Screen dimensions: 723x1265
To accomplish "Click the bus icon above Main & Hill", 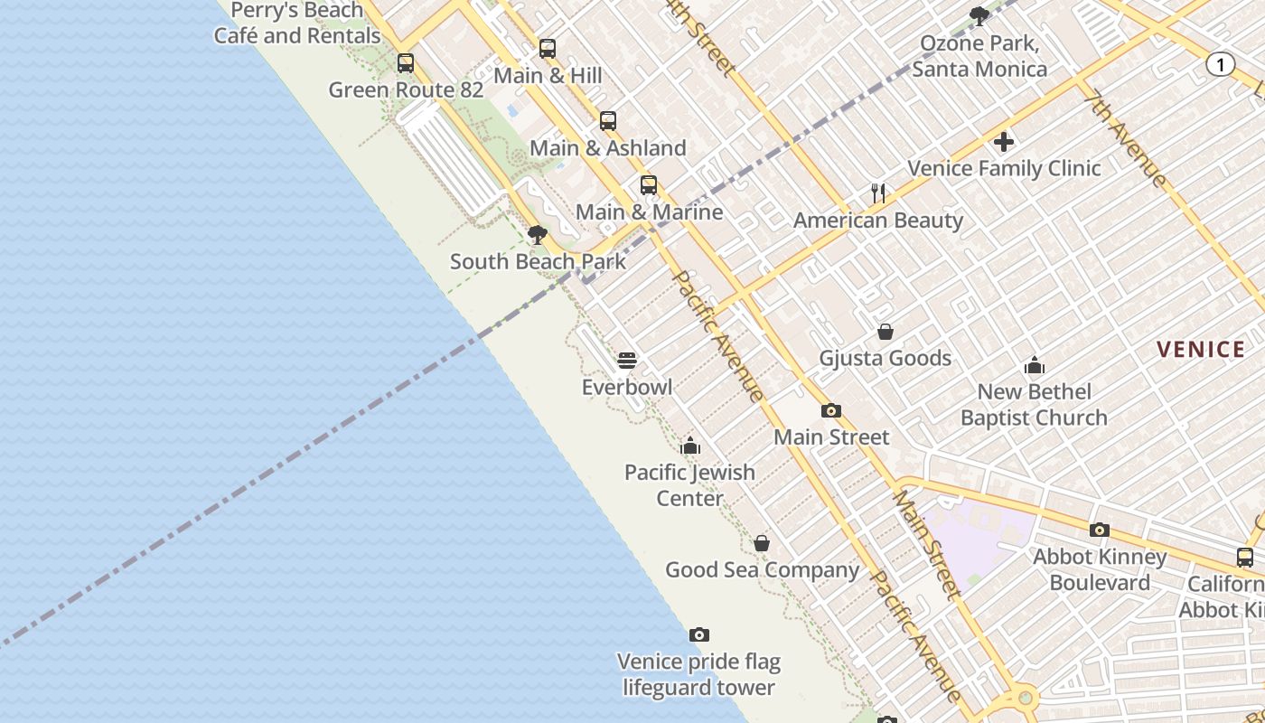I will (x=548, y=49).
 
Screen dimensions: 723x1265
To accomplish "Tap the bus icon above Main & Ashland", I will (x=608, y=121).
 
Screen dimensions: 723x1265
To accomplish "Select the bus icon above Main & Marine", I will (x=649, y=185).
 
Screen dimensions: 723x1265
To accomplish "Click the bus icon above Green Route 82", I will (x=406, y=63).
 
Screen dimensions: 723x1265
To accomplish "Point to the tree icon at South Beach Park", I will (x=538, y=236).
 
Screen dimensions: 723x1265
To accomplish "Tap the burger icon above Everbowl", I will (x=627, y=361).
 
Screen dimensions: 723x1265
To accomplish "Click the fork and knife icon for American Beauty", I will (x=877, y=192).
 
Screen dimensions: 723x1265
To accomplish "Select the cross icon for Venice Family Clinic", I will (x=1004, y=142).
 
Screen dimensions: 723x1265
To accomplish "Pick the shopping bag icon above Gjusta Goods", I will (x=885, y=332).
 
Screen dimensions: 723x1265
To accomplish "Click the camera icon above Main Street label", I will (x=831, y=410).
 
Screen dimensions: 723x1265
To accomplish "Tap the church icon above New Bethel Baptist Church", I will (x=1035, y=365).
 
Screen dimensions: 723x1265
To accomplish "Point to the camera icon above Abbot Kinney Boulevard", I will (x=1100, y=530).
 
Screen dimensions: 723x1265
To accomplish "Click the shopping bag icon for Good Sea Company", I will (x=762, y=543).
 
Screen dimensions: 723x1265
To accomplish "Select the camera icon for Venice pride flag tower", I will (x=698, y=634).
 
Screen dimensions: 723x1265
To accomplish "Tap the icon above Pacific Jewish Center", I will (x=690, y=446).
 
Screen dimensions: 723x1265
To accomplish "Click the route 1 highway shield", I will (x=1221, y=64).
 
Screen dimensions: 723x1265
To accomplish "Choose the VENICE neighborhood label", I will (x=1201, y=350).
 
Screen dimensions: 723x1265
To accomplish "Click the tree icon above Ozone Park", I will (x=979, y=15).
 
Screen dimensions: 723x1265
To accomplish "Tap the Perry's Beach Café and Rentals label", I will (x=297, y=23).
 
